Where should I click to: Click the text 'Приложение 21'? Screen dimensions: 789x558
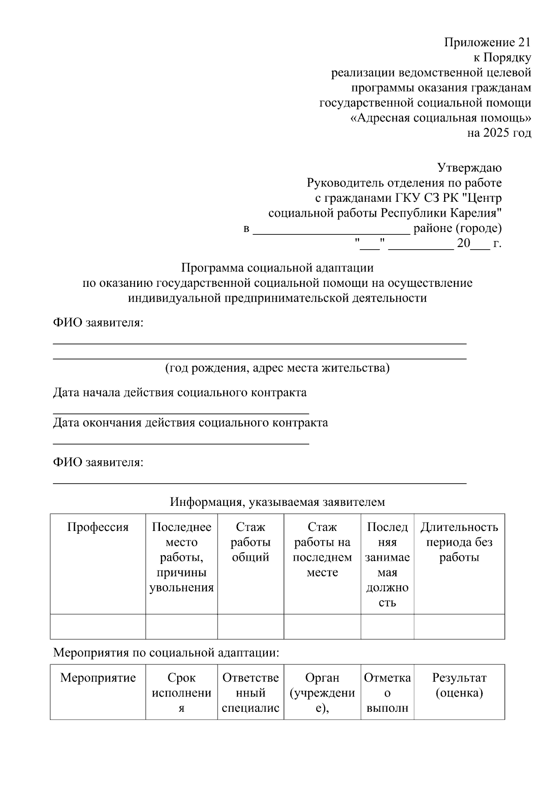pyautogui.click(x=487, y=43)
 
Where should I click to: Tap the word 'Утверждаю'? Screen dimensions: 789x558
pyautogui.click(x=469, y=168)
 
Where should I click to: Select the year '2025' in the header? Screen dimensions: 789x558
pyautogui.click(x=496, y=133)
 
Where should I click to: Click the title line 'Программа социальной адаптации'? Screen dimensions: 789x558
pyautogui.click(x=277, y=268)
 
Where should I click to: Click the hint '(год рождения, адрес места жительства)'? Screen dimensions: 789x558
pyautogui.click(x=277, y=368)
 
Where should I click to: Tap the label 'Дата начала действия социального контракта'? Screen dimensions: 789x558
pyautogui.click(x=179, y=392)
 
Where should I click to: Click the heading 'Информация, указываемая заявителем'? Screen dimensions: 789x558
pyautogui.click(x=277, y=502)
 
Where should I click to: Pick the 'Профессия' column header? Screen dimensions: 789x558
pyautogui.click(x=98, y=527)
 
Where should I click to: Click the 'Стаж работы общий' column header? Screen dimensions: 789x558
pyautogui.click(x=250, y=542)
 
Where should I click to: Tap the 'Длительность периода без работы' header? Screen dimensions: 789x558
pyautogui.click(x=459, y=542)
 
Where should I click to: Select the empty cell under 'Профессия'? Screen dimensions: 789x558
pyautogui.click(x=98, y=626)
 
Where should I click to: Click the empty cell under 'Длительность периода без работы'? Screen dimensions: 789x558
pyautogui.click(x=459, y=626)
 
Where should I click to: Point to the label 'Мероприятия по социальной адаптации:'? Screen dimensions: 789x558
pyautogui.click(x=166, y=653)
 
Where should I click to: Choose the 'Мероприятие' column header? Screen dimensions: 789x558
pyautogui.click(x=98, y=678)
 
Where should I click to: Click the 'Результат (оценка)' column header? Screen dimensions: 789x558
pyautogui.click(x=459, y=685)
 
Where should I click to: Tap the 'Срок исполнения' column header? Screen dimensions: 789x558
pyautogui.click(x=181, y=693)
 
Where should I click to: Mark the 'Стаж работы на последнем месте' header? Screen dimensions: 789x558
pyautogui.click(x=322, y=550)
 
